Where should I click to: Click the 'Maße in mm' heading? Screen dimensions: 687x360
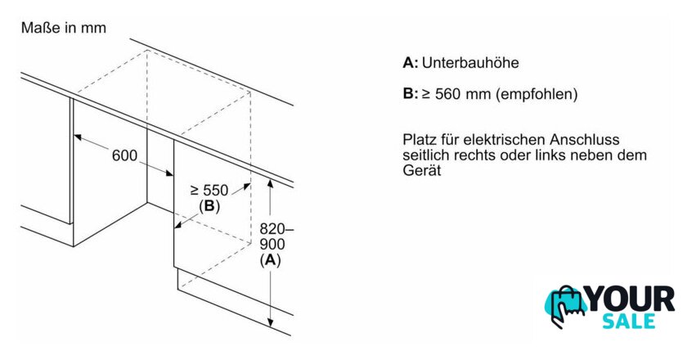point(64,28)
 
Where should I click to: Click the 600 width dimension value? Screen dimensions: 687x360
point(124,155)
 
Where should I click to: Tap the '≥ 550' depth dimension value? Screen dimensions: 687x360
point(209,191)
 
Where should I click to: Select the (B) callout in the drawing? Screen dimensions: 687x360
point(209,206)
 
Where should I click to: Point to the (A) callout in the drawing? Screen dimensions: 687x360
point(270,260)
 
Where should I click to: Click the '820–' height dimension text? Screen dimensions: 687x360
point(277,228)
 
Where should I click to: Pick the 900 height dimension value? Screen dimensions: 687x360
point(272,245)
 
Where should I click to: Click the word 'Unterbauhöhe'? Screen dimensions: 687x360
point(470,63)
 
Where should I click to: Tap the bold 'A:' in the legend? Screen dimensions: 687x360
point(411,63)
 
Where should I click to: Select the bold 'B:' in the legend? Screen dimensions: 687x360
point(411,94)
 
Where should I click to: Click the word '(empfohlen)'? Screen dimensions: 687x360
point(537,94)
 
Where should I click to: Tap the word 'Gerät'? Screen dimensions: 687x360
point(421,170)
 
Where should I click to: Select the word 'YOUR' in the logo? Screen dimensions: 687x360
point(631,299)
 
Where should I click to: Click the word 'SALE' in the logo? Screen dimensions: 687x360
point(628,321)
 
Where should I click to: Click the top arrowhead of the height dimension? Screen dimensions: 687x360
point(271,184)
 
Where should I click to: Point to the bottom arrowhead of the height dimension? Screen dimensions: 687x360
point(271,322)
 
